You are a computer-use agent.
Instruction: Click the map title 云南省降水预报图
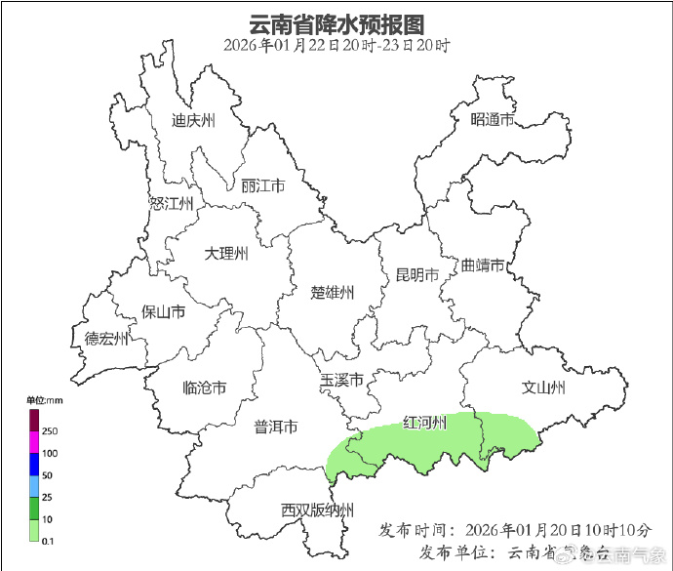(x=336, y=22)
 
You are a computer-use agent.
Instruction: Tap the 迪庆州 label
(x=192, y=121)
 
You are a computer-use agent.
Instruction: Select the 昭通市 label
(x=492, y=119)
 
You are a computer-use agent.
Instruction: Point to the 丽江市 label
(x=261, y=185)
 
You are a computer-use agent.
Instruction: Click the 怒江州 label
(x=172, y=203)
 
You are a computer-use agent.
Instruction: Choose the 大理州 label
(x=226, y=254)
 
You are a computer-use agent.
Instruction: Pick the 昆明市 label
(x=416, y=274)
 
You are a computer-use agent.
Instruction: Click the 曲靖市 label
(x=483, y=265)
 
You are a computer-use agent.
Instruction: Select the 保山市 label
(x=163, y=312)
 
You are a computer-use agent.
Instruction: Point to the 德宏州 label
(x=106, y=339)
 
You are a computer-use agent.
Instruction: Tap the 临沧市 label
(x=205, y=387)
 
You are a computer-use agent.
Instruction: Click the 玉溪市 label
(x=341, y=380)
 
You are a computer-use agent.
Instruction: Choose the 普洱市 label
(x=275, y=427)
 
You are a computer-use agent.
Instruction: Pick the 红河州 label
(x=425, y=423)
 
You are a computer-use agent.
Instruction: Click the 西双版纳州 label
(x=317, y=510)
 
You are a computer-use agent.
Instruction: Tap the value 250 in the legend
(x=50, y=430)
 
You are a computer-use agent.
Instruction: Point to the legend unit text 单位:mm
(x=44, y=400)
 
